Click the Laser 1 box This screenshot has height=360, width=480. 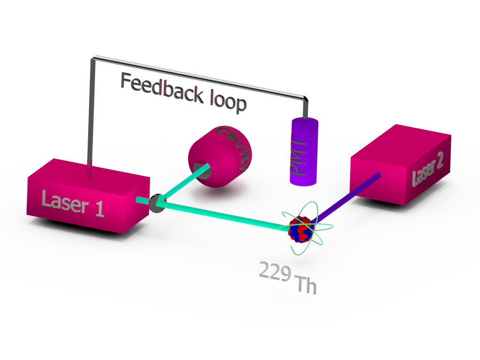(x=84, y=197)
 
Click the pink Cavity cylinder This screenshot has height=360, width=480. (x=223, y=155)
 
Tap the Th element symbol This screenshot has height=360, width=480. (x=305, y=285)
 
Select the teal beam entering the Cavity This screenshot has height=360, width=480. (x=185, y=185)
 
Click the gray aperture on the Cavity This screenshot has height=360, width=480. (x=201, y=167)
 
